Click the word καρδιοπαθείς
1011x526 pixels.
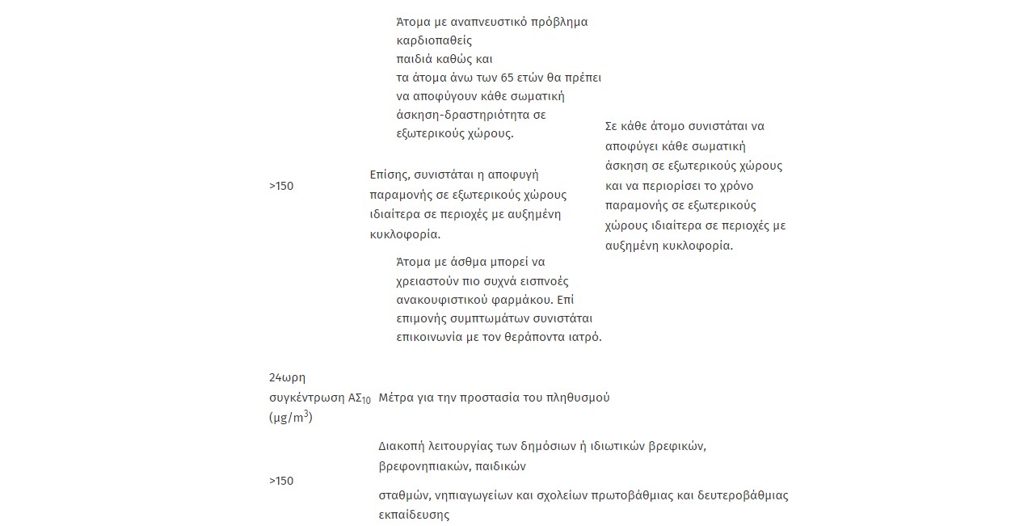[434, 40]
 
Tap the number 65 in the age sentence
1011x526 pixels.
[508, 78]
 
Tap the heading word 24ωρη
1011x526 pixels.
[286, 378]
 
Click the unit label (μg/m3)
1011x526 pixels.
[291, 418]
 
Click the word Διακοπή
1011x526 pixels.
[401, 446]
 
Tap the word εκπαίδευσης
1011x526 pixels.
[414, 514]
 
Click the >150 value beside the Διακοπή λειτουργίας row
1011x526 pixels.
[281, 481]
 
